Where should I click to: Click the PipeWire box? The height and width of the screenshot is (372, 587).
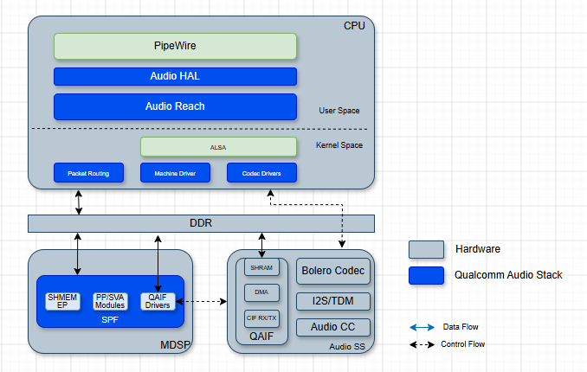coord(175,46)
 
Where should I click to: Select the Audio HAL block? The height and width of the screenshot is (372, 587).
coord(175,76)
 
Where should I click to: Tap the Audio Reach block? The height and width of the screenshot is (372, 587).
coord(175,106)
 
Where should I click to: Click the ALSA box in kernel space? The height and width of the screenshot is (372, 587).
coord(219,147)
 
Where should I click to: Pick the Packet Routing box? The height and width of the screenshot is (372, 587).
coord(88,173)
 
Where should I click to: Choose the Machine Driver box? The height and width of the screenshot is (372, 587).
coord(175,173)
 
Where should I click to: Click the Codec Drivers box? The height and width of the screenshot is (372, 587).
coord(261,173)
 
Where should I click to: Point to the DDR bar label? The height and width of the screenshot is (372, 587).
coord(201,223)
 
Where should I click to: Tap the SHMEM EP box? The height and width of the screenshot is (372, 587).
coord(62,301)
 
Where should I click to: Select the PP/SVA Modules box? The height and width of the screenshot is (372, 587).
coord(110,301)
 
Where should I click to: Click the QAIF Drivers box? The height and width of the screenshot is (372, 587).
coord(158,301)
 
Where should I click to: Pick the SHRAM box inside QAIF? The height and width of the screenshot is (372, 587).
coord(261,267)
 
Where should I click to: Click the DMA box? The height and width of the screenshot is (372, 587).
coord(261,292)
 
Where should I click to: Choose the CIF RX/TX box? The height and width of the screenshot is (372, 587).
coord(261,318)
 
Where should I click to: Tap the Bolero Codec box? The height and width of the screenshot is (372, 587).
coord(333,271)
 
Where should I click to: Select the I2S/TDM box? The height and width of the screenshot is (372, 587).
coord(333,301)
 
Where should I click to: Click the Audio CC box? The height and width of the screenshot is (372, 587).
coord(333,327)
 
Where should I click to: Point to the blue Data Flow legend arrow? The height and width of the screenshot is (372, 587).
coord(422,328)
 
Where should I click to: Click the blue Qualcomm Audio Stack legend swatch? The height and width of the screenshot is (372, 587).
coord(427,275)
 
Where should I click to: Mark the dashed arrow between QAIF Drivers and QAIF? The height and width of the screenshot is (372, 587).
coord(202,301)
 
